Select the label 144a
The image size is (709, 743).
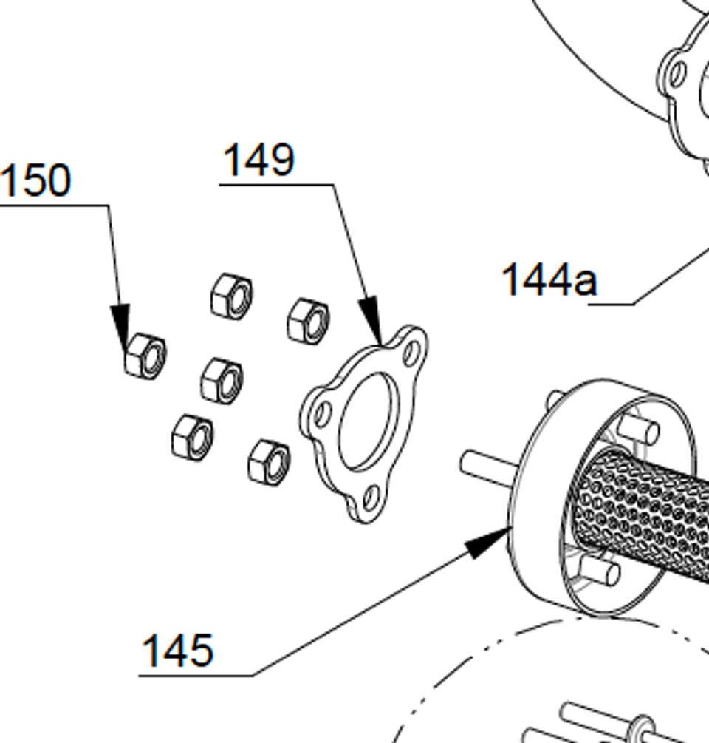click(549, 281)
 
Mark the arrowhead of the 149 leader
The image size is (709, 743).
click(373, 325)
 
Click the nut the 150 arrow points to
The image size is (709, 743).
click(145, 354)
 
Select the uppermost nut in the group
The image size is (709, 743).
click(231, 295)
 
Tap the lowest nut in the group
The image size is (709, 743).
click(269, 462)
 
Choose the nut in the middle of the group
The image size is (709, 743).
click(222, 380)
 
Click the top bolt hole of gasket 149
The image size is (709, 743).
click(413, 350)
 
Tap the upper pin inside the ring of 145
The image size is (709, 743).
click(639, 429)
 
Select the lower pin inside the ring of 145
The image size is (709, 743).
click(600, 569)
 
